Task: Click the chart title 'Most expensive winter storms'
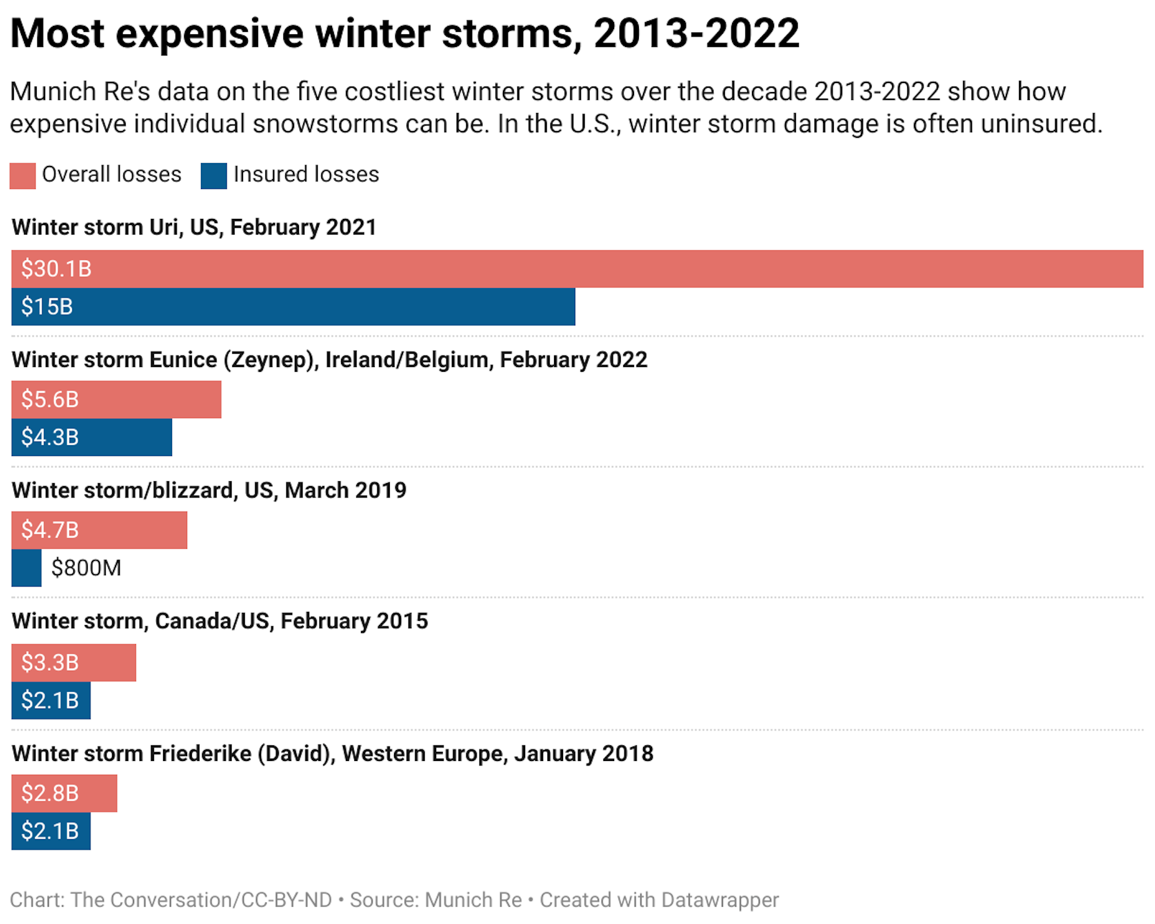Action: [x=404, y=34]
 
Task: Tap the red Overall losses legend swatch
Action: [x=23, y=176]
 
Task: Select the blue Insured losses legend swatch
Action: [x=214, y=176]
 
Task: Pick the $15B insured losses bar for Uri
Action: [x=293, y=307]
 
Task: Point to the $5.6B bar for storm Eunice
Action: [x=116, y=399]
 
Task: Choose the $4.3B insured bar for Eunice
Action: [x=91, y=437]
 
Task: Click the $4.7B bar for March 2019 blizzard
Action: [x=99, y=530]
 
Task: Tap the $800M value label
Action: [x=86, y=568]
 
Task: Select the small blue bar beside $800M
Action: [x=26, y=568]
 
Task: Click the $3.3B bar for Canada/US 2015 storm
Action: [x=73, y=662]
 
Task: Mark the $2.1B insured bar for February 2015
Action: [x=51, y=700]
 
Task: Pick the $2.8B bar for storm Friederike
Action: [x=64, y=793]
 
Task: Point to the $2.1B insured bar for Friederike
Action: [x=51, y=831]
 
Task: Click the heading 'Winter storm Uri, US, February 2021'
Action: [x=194, y=227]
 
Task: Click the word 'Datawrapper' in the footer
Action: [x=719, y=900]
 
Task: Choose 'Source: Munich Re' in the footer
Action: [x=436, y=900]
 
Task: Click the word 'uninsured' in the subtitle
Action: [x=1041, y=124]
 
